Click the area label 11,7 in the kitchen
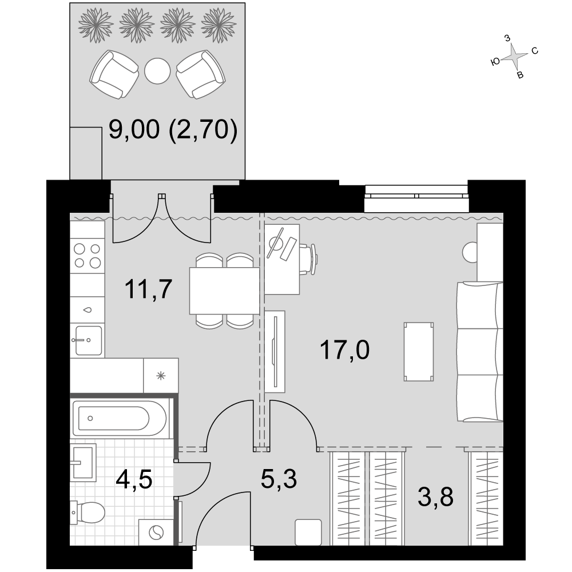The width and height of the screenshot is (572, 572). coord(148,289)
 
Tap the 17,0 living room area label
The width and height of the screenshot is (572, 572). coord(344,349)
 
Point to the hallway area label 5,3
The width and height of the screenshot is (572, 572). coord(279,479)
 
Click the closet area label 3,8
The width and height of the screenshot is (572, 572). coord(435,497)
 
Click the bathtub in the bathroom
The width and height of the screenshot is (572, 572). coord(120,418)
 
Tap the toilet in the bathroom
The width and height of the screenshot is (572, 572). coord(88,512)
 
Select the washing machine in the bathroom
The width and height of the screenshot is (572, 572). coord(156,532)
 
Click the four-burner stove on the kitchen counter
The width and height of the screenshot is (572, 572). coord(87,256)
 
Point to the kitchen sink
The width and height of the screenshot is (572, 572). coord(89,340)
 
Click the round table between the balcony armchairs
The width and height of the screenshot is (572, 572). coord(157,71)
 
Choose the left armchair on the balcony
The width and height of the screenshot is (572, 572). coord(114,74)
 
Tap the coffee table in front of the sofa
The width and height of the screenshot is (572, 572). coord(419,352)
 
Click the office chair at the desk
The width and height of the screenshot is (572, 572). coord(308,259)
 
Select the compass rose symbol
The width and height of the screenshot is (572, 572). coord(514,56)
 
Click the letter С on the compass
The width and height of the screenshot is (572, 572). coord(535,51)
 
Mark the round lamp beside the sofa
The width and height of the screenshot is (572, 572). coord(470,252)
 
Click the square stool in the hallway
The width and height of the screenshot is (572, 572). coord(308,532)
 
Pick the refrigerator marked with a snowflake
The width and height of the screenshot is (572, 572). coord(161,375)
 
